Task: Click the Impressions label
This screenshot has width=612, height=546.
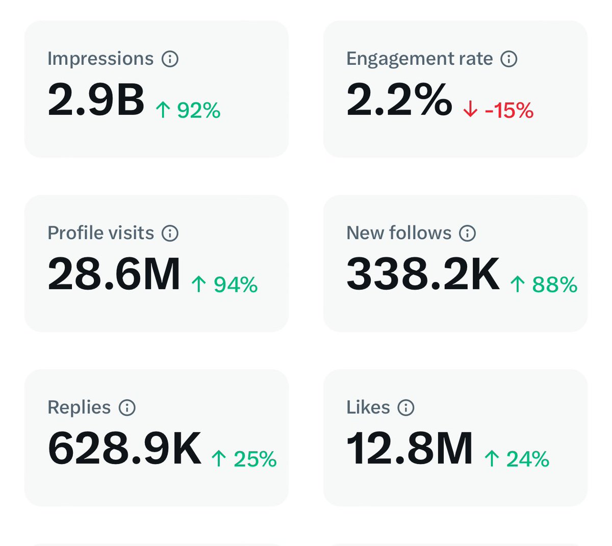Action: [100, 59]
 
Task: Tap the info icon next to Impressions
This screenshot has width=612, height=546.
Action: [170, 59]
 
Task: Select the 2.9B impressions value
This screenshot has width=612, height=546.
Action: [96, 99]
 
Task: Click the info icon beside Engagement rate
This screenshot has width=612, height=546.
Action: [508, 59]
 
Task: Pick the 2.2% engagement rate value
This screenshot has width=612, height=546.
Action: [399, 99]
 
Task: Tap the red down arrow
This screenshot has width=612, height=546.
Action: [470, 109]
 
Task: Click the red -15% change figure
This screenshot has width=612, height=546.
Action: [509, 110]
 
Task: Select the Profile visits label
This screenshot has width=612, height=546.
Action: [101, 233]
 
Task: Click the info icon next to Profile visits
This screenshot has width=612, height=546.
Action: [170, 233]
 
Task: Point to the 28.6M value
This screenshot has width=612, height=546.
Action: [114, 274]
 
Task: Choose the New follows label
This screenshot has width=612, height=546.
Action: [399, 233]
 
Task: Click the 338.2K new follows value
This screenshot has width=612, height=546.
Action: [423, 274]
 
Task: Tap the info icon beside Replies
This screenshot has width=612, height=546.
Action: [127, 407]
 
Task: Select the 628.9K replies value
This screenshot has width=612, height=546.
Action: [124, 448]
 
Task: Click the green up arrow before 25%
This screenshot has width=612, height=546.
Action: [219, 458]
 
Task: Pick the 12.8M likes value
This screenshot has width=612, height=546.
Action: [410, 448]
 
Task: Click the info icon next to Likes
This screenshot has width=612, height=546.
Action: [405, 407]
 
